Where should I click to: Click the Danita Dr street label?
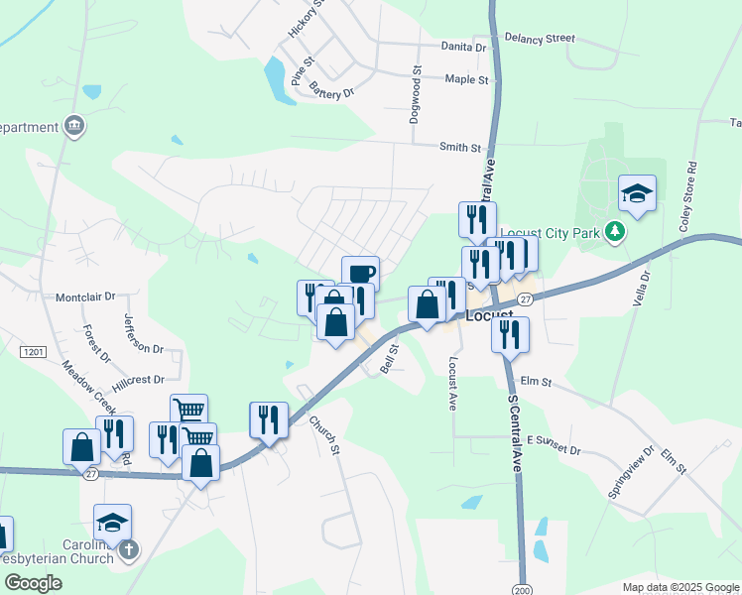click(465, 47)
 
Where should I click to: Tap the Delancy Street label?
click(540, 38)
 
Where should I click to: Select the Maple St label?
click(467, 79)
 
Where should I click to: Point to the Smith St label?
click(460, 147)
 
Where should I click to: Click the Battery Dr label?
click(331, 92)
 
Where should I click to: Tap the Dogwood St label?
click(416, 95)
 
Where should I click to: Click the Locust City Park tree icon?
click(616, 232)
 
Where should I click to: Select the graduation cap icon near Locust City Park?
click(637, 193)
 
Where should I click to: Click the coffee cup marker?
click(361, 273)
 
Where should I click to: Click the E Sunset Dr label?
click(553, 444)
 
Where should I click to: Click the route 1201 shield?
click(34, 352)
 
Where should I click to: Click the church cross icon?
click(127, 550)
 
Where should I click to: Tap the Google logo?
click(32, 583)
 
